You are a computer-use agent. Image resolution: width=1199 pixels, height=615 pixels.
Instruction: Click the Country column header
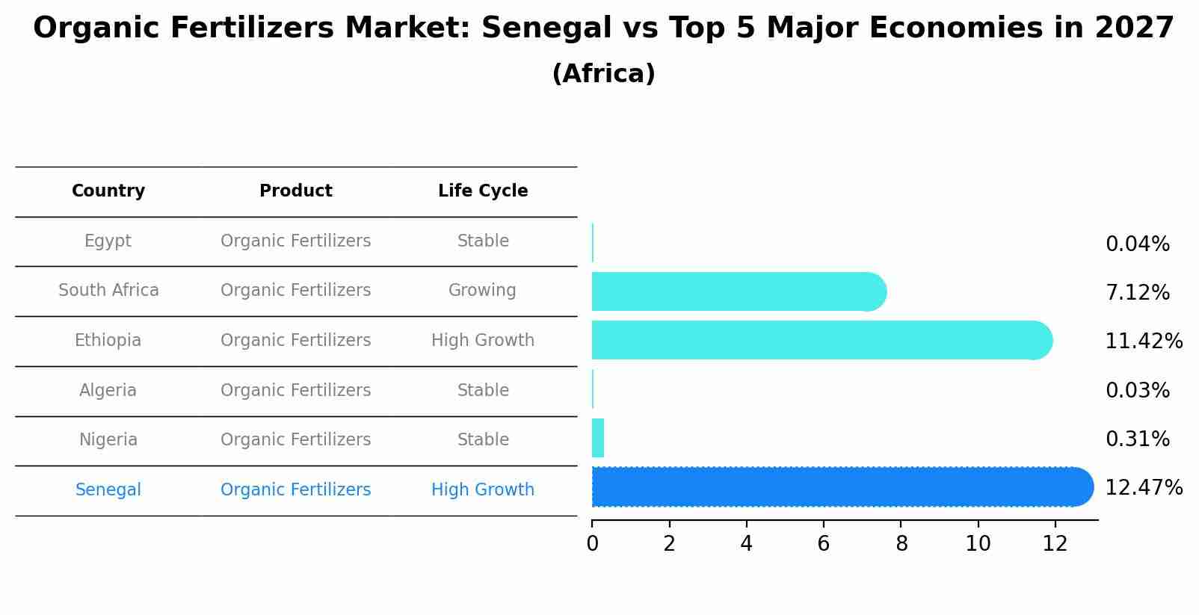108,191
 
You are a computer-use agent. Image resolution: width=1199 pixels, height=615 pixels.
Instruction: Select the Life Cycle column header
483,191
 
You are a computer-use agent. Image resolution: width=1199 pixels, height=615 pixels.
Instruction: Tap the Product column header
295,191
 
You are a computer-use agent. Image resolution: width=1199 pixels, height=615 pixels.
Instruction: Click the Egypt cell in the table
108,241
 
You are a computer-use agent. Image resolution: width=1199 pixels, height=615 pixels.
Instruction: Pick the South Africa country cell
108,291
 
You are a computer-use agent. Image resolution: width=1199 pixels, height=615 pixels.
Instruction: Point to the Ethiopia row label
108,341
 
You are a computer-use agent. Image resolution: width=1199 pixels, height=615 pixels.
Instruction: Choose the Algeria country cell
108,391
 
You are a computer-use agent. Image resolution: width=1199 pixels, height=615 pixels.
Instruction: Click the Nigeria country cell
108,440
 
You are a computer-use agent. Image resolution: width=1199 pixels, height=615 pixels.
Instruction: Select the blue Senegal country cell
108,490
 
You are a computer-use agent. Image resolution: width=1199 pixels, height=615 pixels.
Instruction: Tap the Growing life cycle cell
482,291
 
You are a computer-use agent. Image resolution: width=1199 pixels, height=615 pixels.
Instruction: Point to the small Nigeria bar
598,438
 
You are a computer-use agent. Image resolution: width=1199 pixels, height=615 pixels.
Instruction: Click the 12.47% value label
1144,488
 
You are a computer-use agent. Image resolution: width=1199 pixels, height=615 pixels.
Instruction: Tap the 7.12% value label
1137,293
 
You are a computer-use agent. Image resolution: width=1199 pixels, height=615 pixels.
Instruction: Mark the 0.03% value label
1137,391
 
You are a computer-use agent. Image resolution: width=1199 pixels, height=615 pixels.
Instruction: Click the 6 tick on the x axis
824,544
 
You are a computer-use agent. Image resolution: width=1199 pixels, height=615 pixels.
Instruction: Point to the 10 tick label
978,544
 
